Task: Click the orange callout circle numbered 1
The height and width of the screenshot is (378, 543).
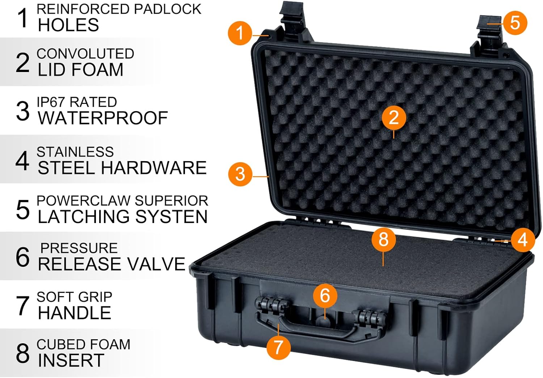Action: (240, 33)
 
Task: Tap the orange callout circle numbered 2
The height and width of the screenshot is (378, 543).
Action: (393, 118)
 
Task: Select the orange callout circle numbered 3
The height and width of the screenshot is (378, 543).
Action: (240, 174)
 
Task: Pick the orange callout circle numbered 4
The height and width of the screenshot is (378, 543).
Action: (523, 240)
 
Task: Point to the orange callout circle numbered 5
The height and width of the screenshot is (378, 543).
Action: (515, 23)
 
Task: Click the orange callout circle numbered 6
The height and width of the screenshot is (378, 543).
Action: (325, 295)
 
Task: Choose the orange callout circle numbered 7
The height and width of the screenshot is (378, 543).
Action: (278, 347)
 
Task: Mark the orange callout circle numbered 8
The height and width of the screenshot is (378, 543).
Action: (383, 239)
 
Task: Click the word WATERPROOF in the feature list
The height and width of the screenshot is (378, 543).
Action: (103, 118)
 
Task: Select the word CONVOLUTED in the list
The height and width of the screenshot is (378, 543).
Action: (85, 54)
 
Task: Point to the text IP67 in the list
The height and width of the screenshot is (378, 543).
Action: (51, 102)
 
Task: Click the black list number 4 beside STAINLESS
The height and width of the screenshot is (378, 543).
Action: (22, 161)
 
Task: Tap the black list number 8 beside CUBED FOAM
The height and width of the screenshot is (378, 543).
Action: (22, 353)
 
